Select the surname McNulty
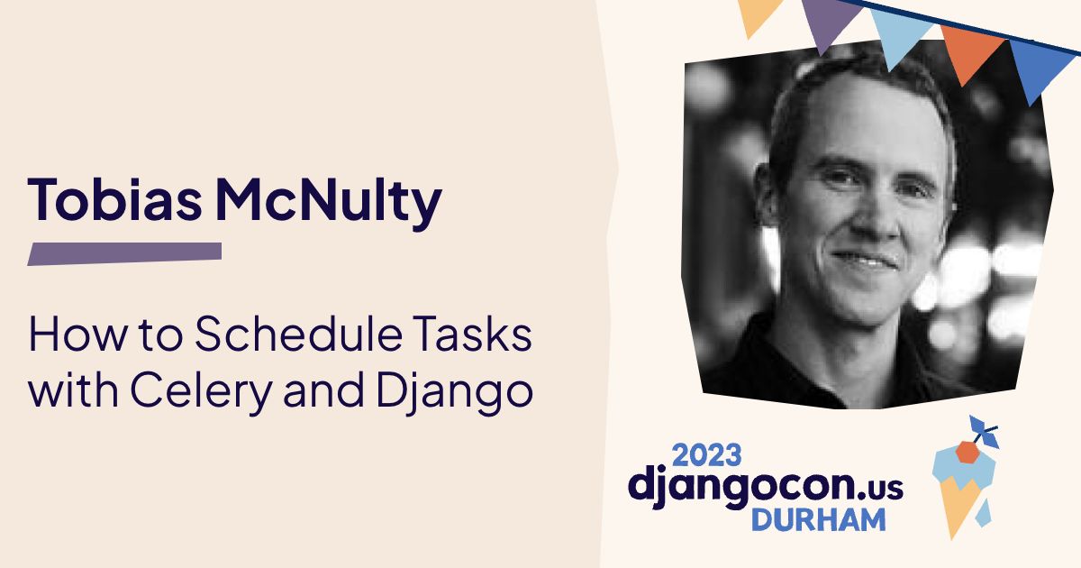[329, 200]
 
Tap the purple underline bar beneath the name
[124, 253]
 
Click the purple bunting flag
[828, 23]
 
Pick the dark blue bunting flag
[1040, 68]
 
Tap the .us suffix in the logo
[879, 487]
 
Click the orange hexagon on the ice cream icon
[967, 452]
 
